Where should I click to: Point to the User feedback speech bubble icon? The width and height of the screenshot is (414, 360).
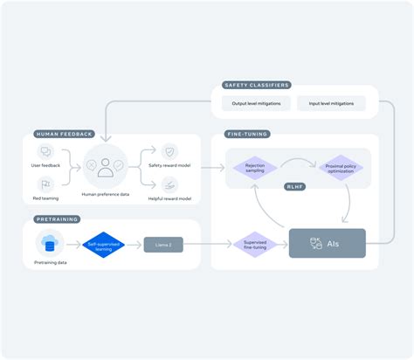(x=46, y=152)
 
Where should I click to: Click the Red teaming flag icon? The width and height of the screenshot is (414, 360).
(x=46, y=184)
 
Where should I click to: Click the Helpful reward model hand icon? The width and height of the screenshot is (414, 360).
(x=170, y=183)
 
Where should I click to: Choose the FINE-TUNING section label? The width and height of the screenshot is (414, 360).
(x=247, y=134)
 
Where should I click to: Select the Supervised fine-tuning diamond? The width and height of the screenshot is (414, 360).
(x=255, y=244)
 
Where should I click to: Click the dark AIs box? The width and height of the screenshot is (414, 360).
(x=327, y=244)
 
